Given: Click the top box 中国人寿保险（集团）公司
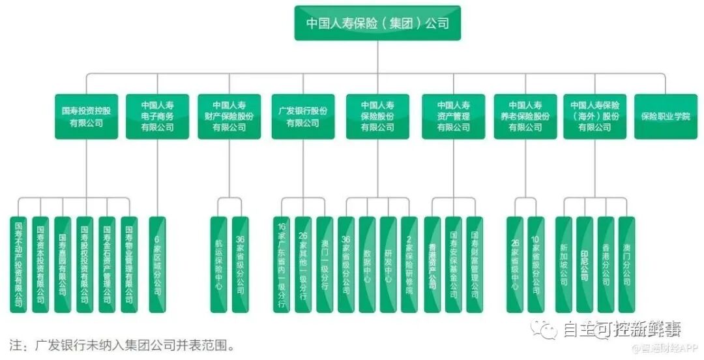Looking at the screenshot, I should pyautogui.click(x=377, y=23).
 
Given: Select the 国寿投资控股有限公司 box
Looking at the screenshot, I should pyautogui.click(x=86, y=117).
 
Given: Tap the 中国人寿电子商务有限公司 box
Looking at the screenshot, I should pyautogui.click(x=158, y=117).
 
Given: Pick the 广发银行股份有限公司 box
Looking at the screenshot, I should pyautogui.click(x=303, y=117).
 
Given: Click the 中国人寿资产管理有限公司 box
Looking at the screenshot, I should pyautogui.click(x=453, y=117).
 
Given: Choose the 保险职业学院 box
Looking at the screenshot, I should pyautogui.click(x=666, y=117).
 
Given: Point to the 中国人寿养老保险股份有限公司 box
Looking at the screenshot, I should pyautogui.click(x=525, y=117).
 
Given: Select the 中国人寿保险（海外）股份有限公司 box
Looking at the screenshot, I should pyautogui.click(x=594, y=117).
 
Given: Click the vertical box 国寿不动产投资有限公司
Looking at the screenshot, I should pyautogui.click(x=20, y=264).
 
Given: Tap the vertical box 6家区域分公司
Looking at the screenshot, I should pyautogui.click(x=157, y=264).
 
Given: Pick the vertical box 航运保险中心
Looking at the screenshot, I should pyautogui.click(x=219, y=264).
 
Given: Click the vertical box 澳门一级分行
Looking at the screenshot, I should pyautogui.click(x=324, y=264).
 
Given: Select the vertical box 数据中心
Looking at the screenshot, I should pyautogui.click(x=367, y=264).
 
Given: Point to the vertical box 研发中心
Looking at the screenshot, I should pyautogui.click(x=388, y=264).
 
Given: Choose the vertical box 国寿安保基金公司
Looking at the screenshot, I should pyautogui.click(x=453, y=264).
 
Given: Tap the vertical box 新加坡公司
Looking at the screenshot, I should pyautogui.click(x=563, y=264).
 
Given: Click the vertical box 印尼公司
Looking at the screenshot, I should pyautogui.click(x=585, y=264).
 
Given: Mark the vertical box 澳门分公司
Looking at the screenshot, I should pyautogui.click(x=626, y=264).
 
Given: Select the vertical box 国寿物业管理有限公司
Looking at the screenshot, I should pyautogui.click(x=129, y=264).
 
